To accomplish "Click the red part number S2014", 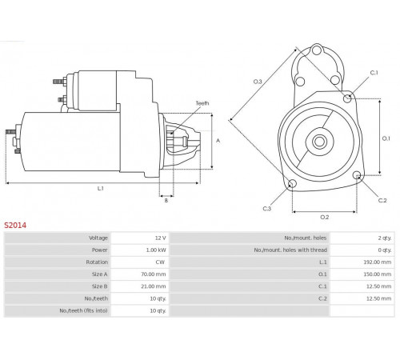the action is click(x=15, y=226).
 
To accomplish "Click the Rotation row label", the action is click(x=97, y=262).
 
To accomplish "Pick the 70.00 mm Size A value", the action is click(x=154, y=274).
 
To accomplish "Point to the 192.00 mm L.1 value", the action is click(x=378, y=262).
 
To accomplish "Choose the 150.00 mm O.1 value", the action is click(x=378, y=274).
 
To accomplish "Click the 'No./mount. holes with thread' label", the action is click(x=290, y=250).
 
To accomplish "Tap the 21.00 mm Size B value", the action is click(x=154, y=286).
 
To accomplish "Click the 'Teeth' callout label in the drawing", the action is click(x=202, y=103).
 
